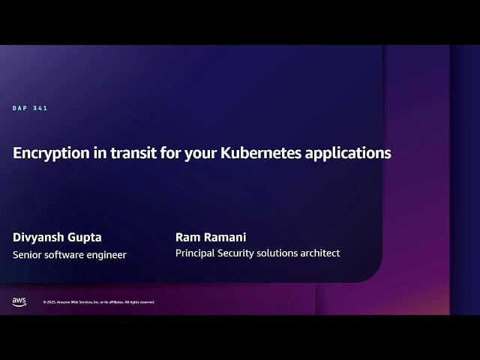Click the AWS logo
point(19,301)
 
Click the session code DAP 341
point(30,109)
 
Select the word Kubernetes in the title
point(257,153)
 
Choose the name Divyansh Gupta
point(57,238)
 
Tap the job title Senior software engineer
point(70,255)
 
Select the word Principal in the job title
point(195,253)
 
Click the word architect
point(318,253)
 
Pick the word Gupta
point(84,238)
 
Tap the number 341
point(40,109)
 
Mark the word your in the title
point(199,153)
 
